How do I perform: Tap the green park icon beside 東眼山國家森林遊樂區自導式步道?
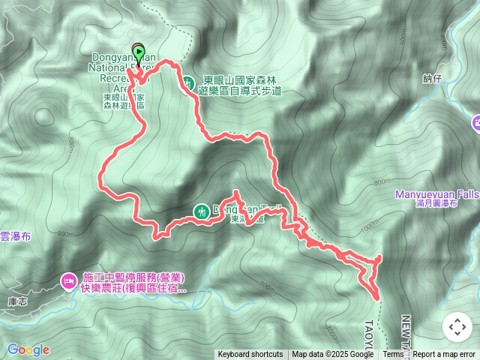(x=188, y=83)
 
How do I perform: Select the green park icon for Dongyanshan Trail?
(x=201, y=211)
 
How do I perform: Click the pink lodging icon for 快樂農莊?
(x=67, y=281)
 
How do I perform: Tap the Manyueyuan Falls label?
(x=437, y=194)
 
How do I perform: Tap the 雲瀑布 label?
(x=15, y=235)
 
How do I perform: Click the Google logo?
(x=28, y=349)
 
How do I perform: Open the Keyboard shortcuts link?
(x=250, y=355)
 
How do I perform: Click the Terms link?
(x=393, y=355)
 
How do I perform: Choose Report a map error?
(x=444, y=355)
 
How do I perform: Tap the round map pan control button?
(x=457, y=327)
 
